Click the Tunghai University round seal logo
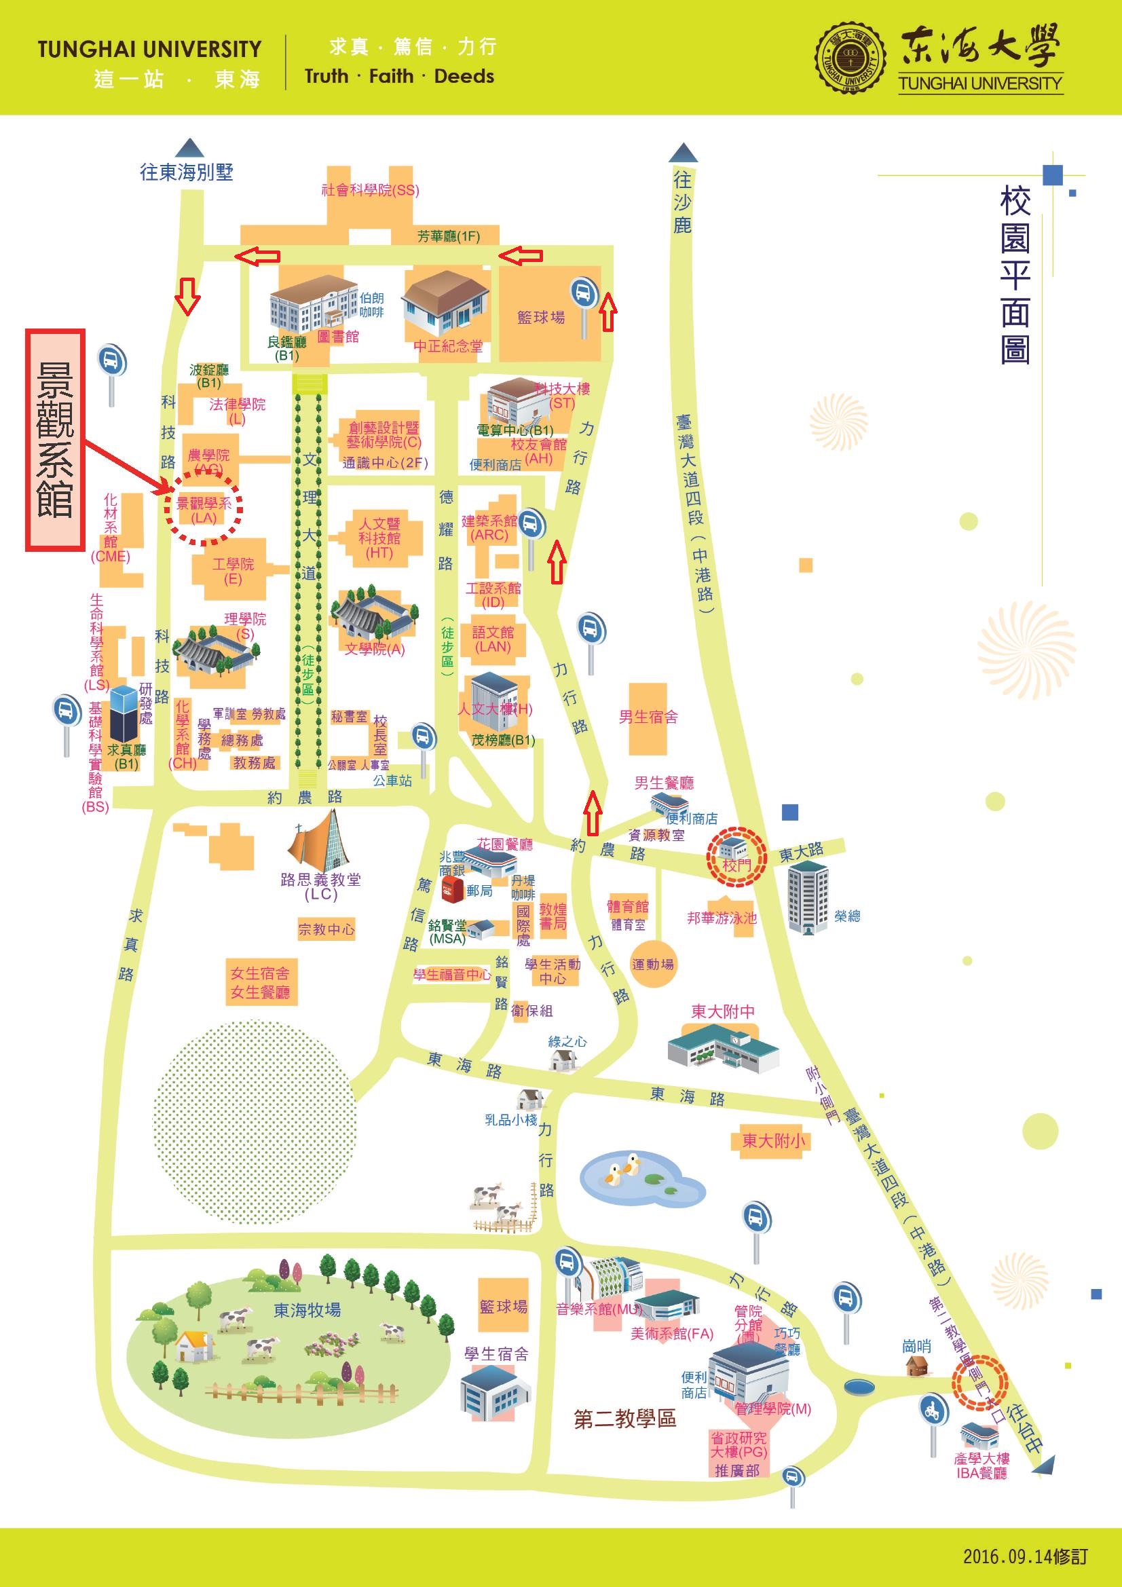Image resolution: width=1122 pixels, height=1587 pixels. point(850,58)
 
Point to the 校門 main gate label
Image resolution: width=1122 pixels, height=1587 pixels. point(736,865)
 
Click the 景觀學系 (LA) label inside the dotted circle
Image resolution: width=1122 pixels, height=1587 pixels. point(204,510)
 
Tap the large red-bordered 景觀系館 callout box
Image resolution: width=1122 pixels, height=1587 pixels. point(55,440)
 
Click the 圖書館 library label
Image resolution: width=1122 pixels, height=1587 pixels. point(338,337)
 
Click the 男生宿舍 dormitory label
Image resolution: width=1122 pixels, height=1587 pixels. point(648,717)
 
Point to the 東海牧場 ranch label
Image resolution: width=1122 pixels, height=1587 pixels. point(307,1309)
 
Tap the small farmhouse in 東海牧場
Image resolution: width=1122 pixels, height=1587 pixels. point(194,1347)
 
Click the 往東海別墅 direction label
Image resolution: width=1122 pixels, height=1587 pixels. point(187,172)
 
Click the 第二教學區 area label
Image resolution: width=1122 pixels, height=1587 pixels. point(625,1419)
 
